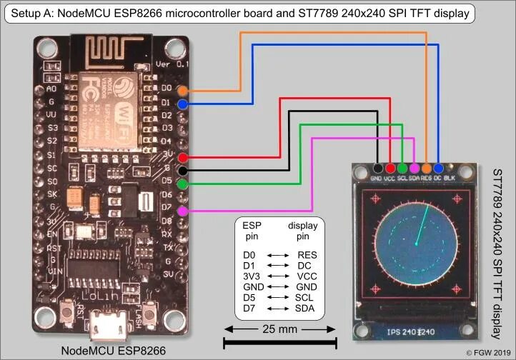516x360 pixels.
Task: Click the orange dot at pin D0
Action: coord(183,91)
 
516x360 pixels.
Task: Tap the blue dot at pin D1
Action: coord(183,104)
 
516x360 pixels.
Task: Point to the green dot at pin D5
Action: coord(183,184)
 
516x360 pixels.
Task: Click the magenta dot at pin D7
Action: coord(183,211)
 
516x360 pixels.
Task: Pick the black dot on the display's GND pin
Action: coord(377,168)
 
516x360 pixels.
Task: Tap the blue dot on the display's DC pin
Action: coord(437,168)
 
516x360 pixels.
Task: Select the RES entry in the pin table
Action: coord(307,254)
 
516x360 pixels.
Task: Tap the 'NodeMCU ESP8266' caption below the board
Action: coord(114,350)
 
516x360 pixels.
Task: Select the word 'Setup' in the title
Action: coord(24,12)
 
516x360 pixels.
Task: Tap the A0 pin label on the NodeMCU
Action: coord(51,89)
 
